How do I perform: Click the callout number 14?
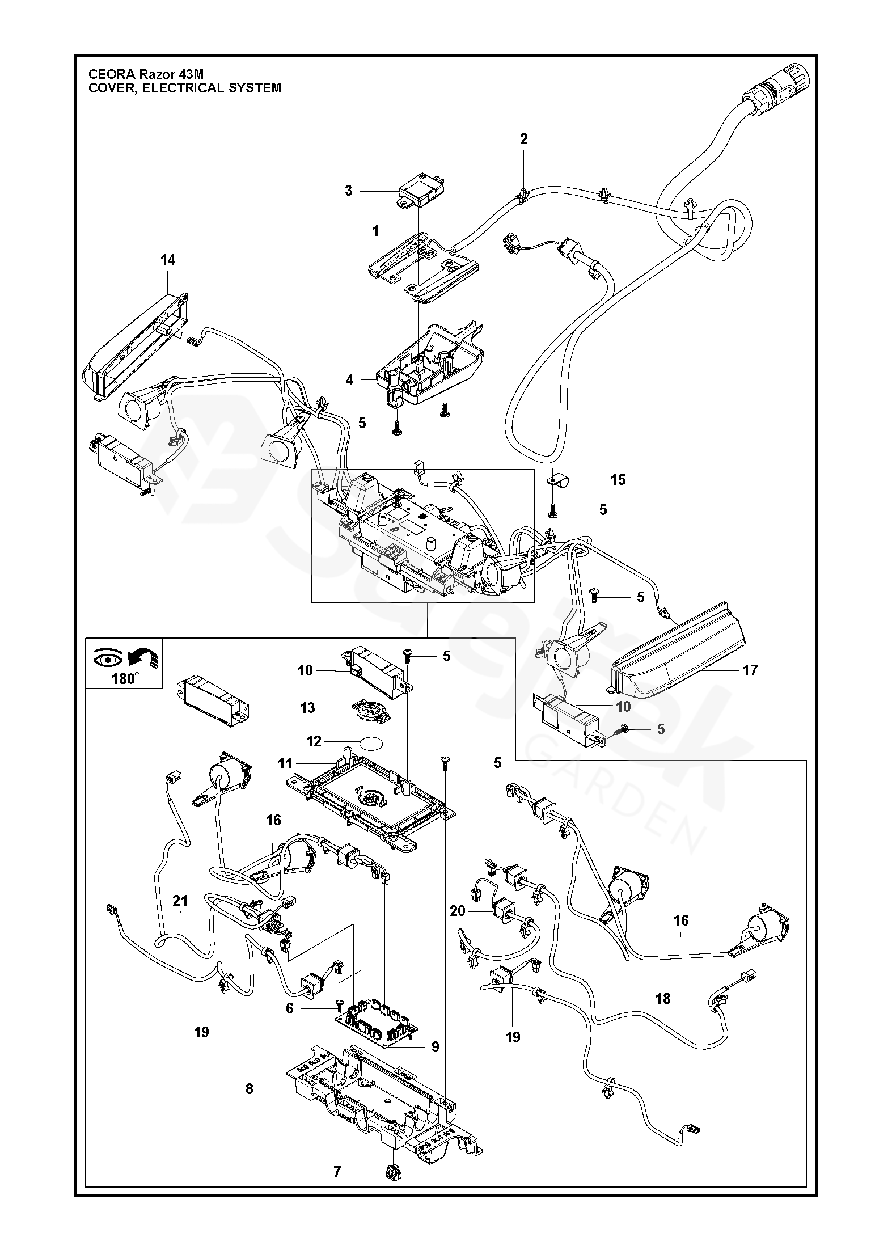click(168, 260)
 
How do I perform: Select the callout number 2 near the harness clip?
click(523, 139)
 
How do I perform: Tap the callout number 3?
click(349, 191)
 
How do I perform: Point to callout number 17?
click(750, 670)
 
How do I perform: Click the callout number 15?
click(618, 480)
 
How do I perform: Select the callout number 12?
click(314, 741)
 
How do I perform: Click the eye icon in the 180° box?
click(104, 658)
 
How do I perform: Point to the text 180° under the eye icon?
click(125, 678)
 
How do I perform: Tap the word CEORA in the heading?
click(108, 74)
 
